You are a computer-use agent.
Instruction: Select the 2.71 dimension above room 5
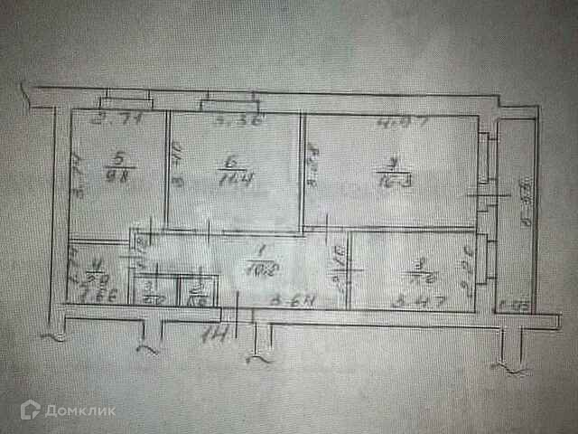click(x=112, y=118)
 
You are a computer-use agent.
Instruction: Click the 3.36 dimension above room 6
click(x=228, y=118)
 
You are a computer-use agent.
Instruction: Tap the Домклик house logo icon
click(x=32, y=411)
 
